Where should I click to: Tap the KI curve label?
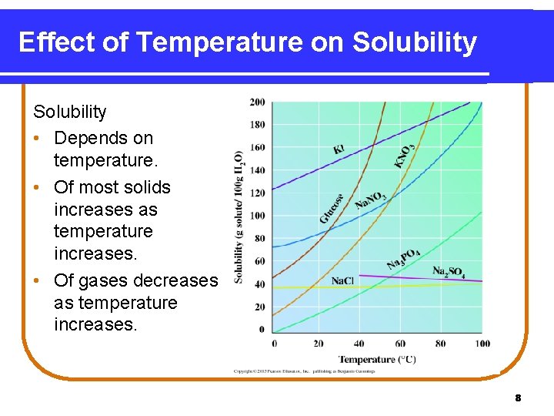[x=339, y=148]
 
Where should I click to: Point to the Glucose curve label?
[x=332, y=208]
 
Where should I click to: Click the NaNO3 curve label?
[x=371, y=202]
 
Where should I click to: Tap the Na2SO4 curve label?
[x=449, y=272]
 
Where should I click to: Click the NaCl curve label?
[x=342, y=280]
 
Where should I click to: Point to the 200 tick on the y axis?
[x=257, y=102]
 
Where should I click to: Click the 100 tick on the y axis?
[x=257, y=216]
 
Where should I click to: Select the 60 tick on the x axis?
[x=399, y=343]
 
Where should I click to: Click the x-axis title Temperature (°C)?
[x=377, y=359]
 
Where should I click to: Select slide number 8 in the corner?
[x=518, y=398]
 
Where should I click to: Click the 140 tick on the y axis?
[x=257, y=170]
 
